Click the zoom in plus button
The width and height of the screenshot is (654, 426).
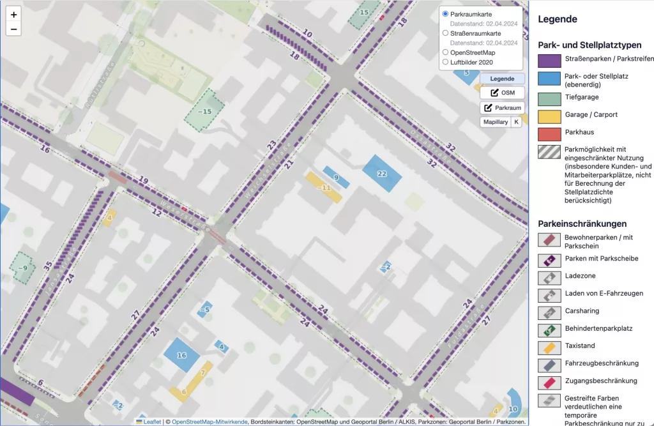coord(14,14)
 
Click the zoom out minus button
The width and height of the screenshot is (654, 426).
coord(14,29)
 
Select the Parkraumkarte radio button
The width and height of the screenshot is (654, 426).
coord(446,13)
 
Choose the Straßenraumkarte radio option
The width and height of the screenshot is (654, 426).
coord(446,33)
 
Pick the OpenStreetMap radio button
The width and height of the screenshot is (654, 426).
coord(446,52)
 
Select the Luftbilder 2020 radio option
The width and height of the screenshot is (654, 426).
coord(446,62)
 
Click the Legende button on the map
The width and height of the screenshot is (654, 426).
coord(502,79)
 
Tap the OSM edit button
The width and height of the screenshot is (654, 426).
coord(502,93)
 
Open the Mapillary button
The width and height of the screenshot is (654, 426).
coord(496,121)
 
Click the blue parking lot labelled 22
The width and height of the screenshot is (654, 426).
coord(383,173)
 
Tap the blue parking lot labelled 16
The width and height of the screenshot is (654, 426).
coord(182,355)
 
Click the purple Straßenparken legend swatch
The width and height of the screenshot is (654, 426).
coord(549,61)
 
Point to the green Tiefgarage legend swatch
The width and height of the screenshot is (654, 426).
coord(549,98)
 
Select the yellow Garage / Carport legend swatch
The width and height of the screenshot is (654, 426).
coord(549,116)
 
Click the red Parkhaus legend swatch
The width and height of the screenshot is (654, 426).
coord(549,134)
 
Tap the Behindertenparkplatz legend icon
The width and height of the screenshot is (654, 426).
coord(549,330)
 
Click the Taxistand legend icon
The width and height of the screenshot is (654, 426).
coord(549,348)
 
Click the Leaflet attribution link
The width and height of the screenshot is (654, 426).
coord(152,422)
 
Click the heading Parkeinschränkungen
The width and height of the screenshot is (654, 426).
coord(582,224)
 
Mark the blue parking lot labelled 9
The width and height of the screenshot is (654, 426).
coord(336,177)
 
